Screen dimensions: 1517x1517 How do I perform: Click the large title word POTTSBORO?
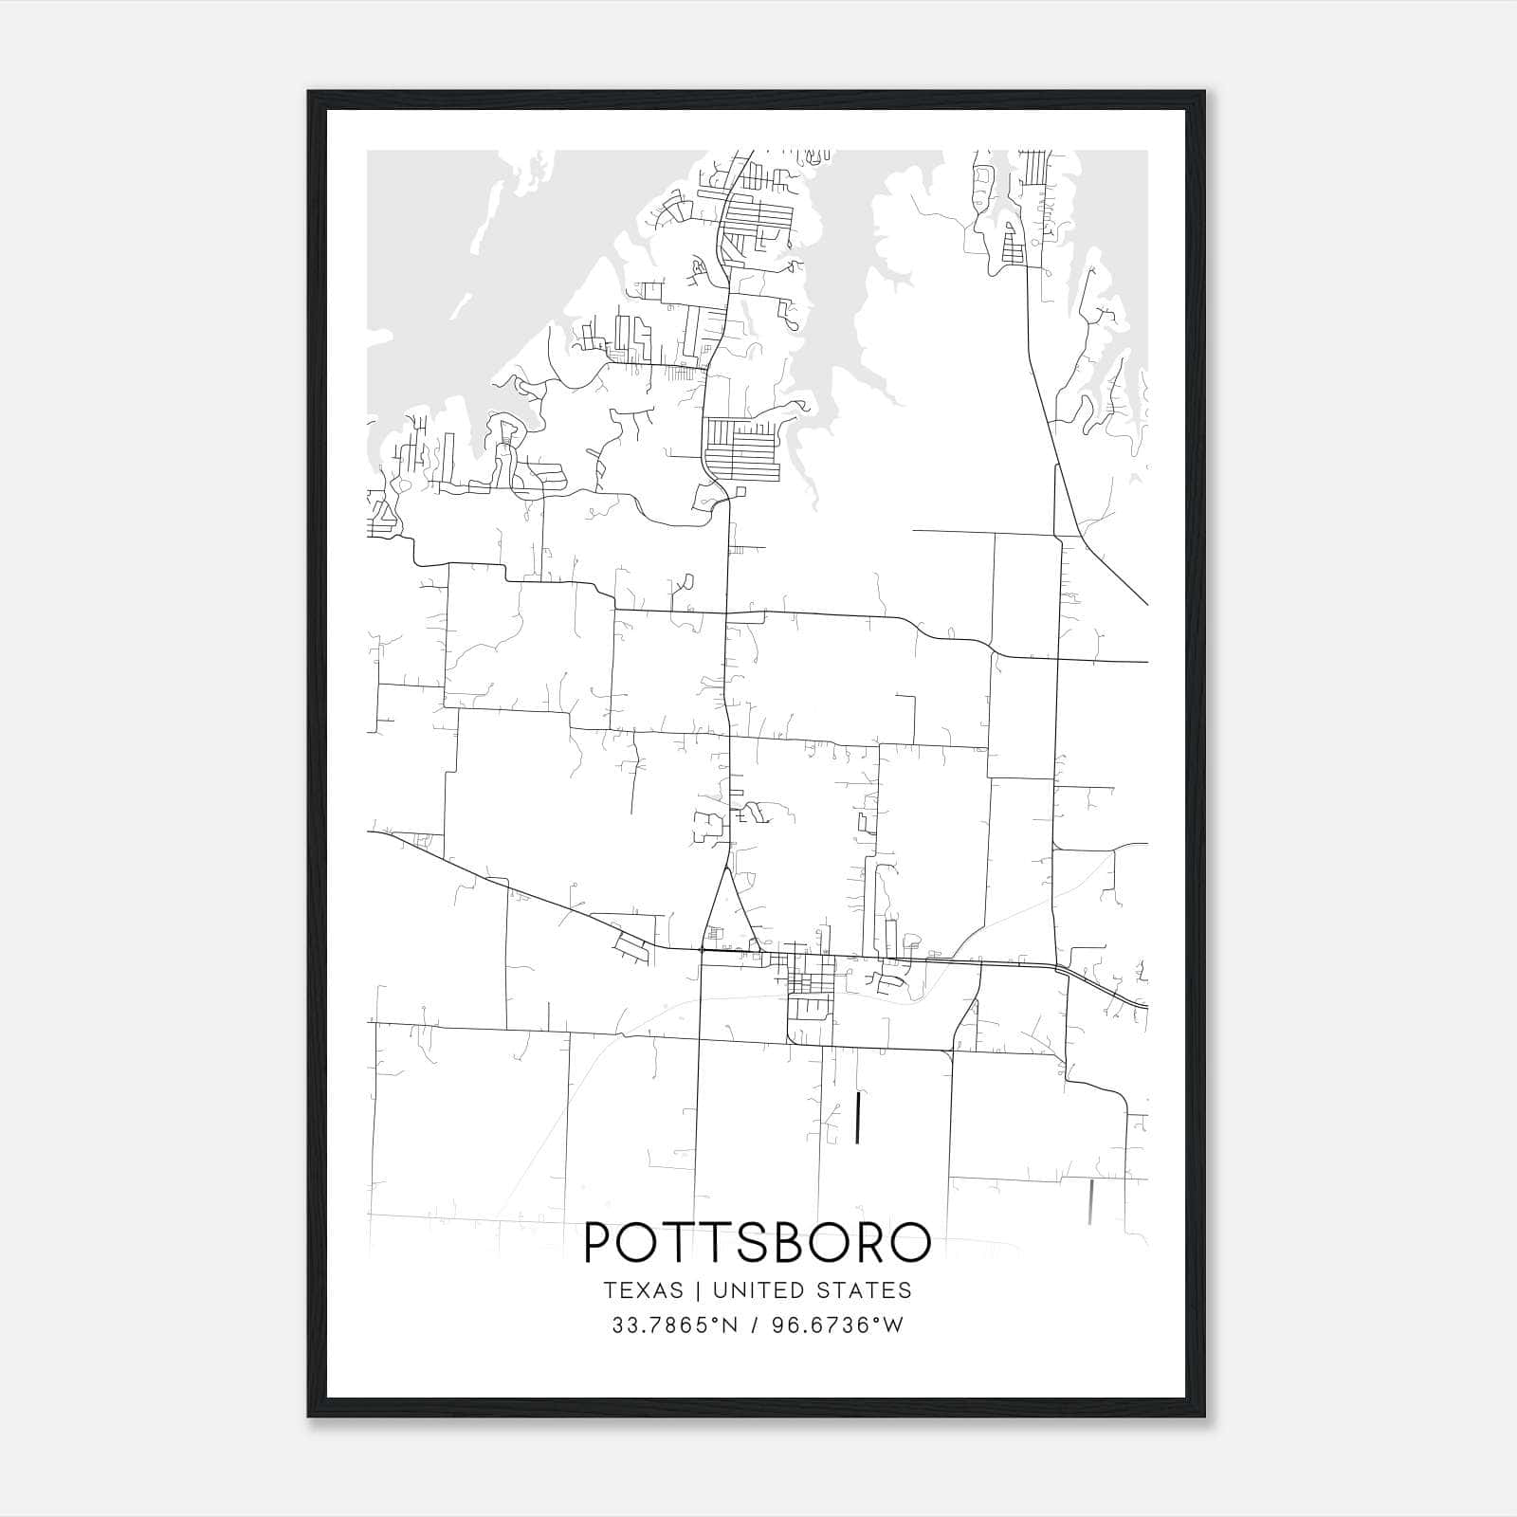pyautogui.click(x=758, y=1242)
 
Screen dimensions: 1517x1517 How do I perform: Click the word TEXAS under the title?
pyautogui.click(x=643, y=1290)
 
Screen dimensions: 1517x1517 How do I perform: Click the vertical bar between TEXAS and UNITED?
pyautogui.click(x=697, y=1290)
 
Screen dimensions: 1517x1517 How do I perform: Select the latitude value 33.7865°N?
pyautogui.click(x=674, y=1325)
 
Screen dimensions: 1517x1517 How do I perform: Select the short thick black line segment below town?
pyautogui.click(x=858, y=1118)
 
